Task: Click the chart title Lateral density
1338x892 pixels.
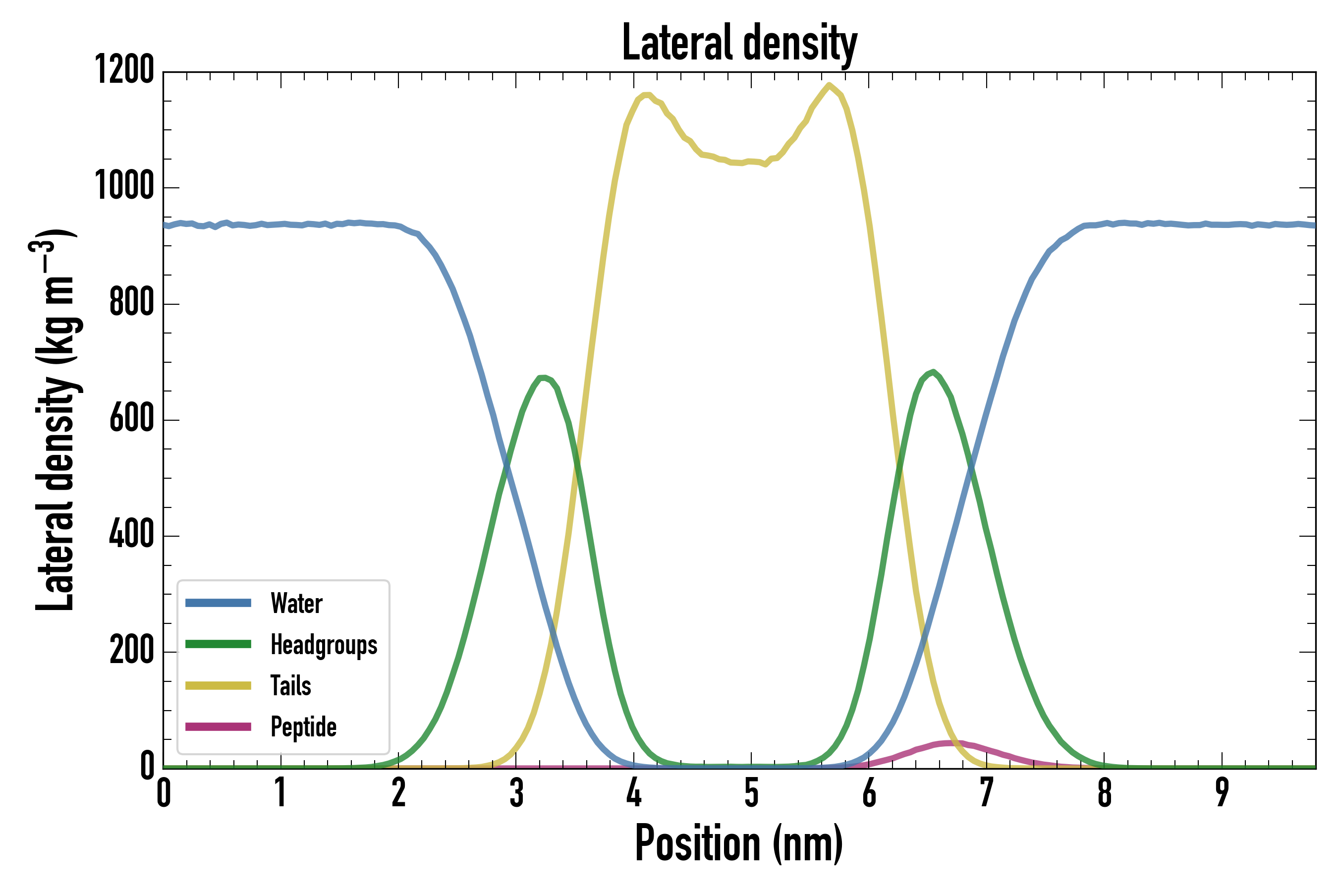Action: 739,43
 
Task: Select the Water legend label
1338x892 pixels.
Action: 296,603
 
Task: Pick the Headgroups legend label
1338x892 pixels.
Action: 324,645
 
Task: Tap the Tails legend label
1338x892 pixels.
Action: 291,685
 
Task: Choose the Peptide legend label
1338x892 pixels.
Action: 303,726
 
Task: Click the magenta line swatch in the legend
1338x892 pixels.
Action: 218,726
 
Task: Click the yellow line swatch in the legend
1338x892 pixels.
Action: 218,685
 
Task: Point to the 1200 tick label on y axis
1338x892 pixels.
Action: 124,70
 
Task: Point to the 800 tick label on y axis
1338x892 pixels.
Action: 131,303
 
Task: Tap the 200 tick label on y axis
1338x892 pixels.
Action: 131,651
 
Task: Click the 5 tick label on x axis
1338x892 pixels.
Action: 751,792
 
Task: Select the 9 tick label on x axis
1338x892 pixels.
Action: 1222,792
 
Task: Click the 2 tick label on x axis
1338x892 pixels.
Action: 398,792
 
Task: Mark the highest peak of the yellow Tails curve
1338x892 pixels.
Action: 829,85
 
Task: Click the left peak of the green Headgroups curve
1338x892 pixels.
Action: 542,377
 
